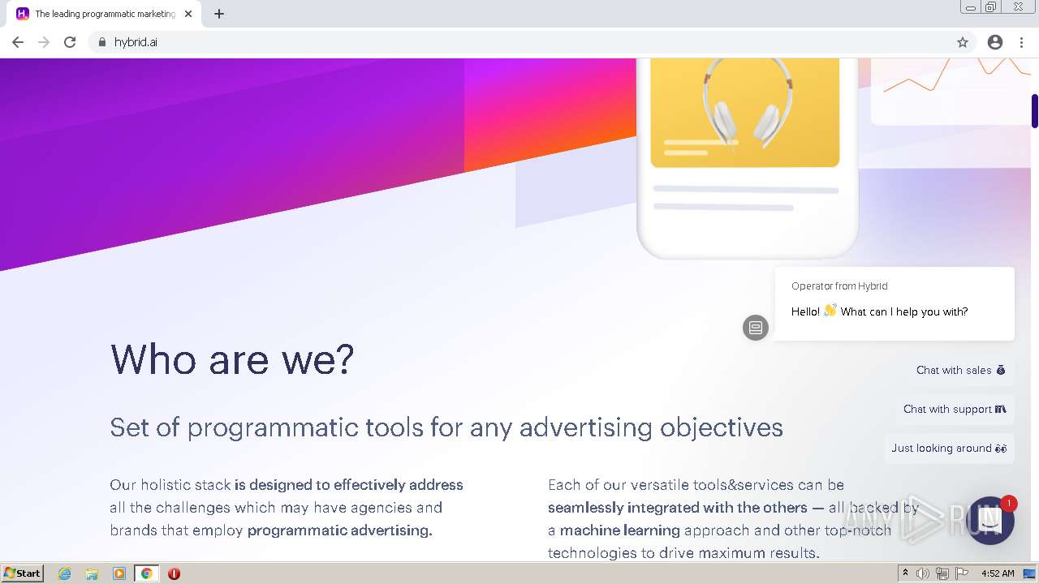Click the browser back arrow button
click(18, 42)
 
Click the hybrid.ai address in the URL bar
click(136, 42)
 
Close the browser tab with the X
click(188, 14)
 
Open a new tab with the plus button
click(219, 14)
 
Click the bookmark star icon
click(963, 42)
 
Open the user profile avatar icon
click(995, 42)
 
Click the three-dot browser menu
click(1021, 42)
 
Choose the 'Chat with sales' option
click(960, 370)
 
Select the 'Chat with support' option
click(955, 409)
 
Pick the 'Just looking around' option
click(949, 448)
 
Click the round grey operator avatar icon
click(756, 328)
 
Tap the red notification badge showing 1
click(1008, 504)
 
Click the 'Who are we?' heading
click(232, 359)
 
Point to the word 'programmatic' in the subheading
click(273, 427)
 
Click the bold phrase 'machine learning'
click(619, 530)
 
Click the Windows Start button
click(23, 573)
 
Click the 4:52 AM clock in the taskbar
click(998, 573)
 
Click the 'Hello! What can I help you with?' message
click(879, 311)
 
